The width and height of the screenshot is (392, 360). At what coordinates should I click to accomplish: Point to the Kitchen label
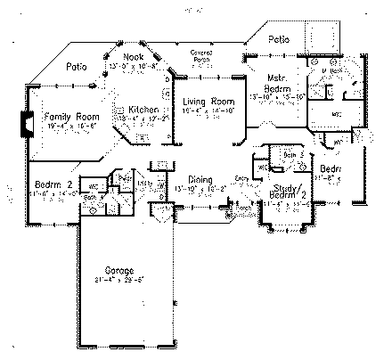(143, 109)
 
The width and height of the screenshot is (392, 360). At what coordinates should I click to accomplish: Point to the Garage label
(118, 269)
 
